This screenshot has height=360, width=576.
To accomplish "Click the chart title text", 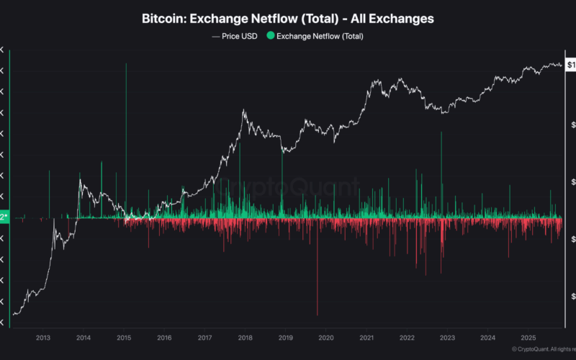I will point(288,19).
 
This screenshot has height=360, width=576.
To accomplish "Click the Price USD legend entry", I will point(235,35).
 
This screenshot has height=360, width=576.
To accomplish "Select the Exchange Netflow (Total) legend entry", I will point(320,35).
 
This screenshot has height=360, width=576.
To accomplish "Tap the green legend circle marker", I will point(271,35).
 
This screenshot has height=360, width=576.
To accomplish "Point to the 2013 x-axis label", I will point(42,337).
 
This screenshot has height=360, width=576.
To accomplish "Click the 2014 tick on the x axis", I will point(83,337).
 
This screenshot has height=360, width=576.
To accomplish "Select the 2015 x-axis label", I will point(123,337).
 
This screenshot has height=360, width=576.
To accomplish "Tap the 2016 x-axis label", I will point(164,337).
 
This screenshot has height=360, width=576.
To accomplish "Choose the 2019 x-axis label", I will point(286,337).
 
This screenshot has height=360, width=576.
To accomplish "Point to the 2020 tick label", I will point(326,337).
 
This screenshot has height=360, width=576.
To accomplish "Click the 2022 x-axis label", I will point(408,337).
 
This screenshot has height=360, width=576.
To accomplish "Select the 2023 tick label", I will point(448,337).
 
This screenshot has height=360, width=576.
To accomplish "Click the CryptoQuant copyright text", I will point(543,349).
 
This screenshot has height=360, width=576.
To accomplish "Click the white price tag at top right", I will point(570,65).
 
